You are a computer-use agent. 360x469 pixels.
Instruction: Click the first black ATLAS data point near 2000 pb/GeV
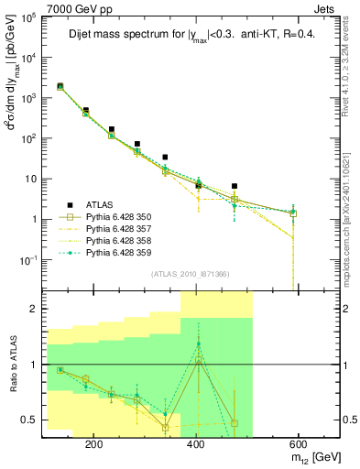coord(60,86)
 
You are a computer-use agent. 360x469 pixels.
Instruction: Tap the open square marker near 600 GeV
coord(293,213)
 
